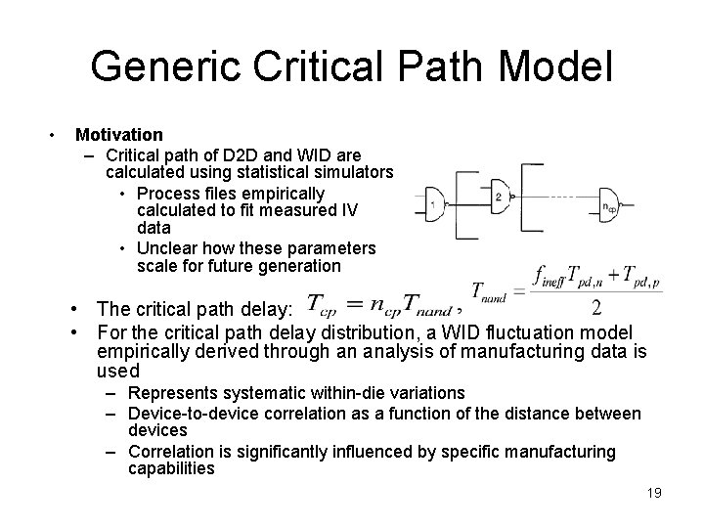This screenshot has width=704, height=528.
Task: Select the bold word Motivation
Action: pos(119,134)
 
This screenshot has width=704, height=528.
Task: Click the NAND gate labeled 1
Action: pos(436,204)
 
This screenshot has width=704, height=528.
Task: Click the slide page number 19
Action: pos(653,494)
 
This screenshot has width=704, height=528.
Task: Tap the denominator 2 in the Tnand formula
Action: pos(596,308)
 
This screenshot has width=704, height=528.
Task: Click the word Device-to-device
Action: pos(192,414)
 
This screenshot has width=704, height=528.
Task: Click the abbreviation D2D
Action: pos(244,154)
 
